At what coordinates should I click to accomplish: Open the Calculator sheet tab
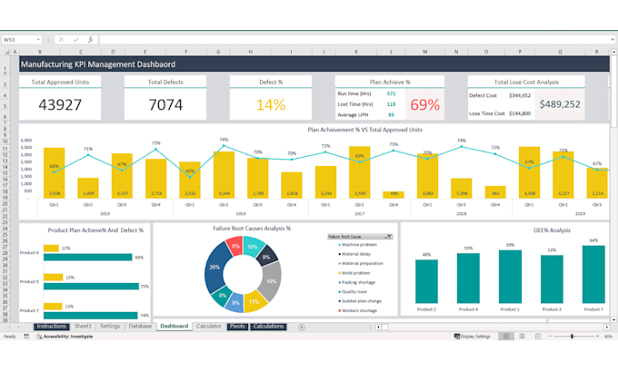coord(208,326)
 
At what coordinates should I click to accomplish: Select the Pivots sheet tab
coord(236,326)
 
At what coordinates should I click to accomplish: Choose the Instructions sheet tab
coord(51,326)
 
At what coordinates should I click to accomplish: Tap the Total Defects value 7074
coord(165,104)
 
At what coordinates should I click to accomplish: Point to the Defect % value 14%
coord(270,104)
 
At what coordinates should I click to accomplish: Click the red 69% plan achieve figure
coord(424,104)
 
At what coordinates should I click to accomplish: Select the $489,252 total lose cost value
coord(560,104)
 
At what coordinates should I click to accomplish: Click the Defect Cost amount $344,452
coord(519,94)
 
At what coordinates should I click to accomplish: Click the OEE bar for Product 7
coord(593,276)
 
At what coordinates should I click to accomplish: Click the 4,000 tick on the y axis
coord(25,141)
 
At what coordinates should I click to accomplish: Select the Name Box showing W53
coord(20,40)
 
